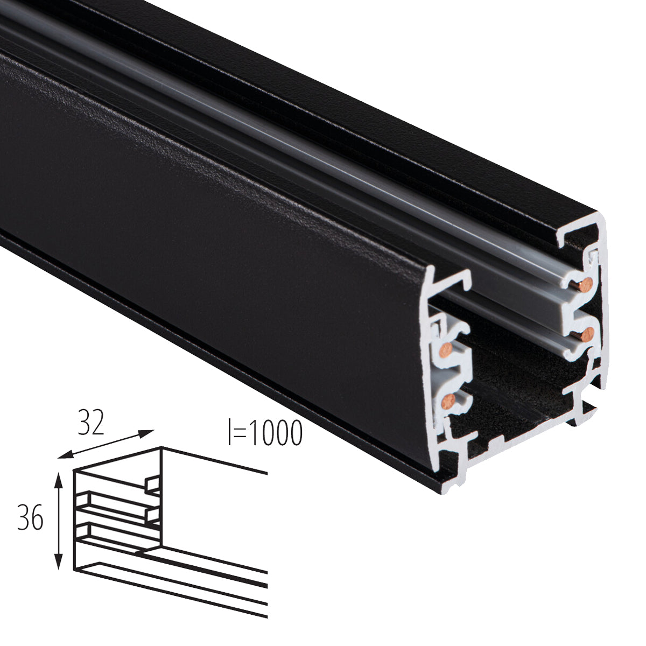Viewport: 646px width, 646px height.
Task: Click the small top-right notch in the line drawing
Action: click(x=153, y=484)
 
